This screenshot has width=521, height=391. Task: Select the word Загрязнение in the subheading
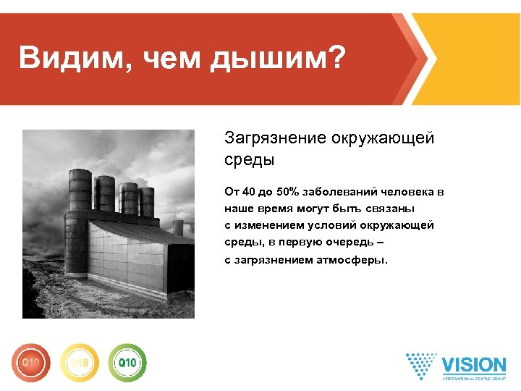pyautogui.click(x=275, y=138)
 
